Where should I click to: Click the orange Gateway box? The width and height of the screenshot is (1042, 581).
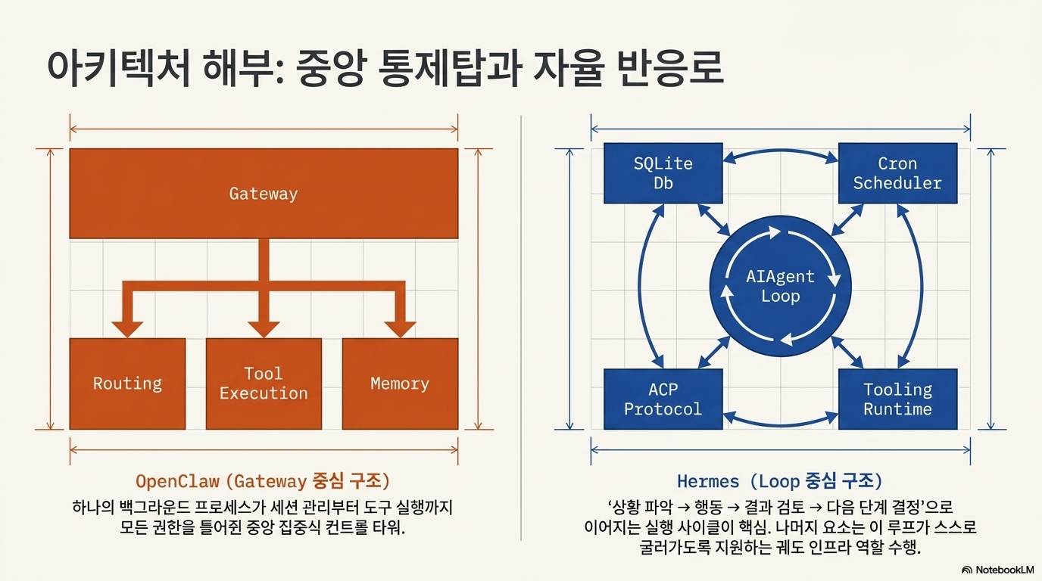click(x=264, y=194)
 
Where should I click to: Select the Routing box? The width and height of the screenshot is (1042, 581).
click(x=127, y=384)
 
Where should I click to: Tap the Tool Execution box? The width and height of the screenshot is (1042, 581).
click(x=264, y=384)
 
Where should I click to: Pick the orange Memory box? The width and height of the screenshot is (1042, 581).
click(x=400, y=384)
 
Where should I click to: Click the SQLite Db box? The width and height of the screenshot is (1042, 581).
click(x=663, y=173)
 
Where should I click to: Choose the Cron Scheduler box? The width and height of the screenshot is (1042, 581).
click(x=898, y=173)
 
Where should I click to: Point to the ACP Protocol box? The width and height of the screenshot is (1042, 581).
click(x=663, y=399)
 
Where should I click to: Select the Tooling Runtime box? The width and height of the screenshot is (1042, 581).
click(x=898, y=399)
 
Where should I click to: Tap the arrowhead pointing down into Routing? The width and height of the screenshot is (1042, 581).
click(x=127, y=329)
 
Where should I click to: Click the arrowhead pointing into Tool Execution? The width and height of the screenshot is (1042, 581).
click(x=264, y=329)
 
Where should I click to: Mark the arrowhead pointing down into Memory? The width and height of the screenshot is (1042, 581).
click(x=400, y=329)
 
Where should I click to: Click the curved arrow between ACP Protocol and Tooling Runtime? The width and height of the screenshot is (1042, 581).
click(x=781, y=424)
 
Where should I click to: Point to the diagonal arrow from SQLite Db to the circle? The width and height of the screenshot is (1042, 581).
click(x=714, y=220)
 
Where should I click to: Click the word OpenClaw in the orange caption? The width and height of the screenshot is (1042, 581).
click(x=177, y=481)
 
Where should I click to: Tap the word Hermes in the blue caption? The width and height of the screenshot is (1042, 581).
click(x=708, y=482)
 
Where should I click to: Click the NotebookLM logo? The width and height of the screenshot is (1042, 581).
click(x=997, y=570)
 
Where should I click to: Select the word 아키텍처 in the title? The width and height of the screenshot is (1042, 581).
click(x=119, y=68)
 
